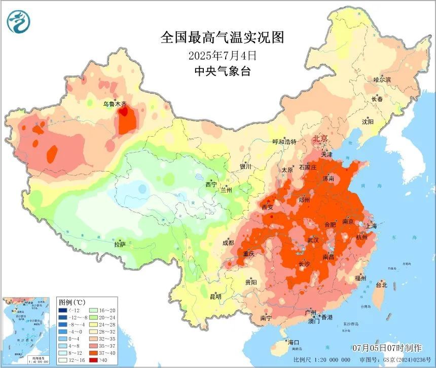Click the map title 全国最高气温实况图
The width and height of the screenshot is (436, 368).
coord(222,37)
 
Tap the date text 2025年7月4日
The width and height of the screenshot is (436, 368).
coord(222,54)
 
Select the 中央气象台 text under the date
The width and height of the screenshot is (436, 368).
coord(222,71)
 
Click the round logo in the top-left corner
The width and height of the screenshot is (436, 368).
coord(19,21)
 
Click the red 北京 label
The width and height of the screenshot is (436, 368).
coord(320,139)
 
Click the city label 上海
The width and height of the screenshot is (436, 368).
coord(376,226)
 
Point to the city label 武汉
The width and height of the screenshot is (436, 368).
coord(314,240)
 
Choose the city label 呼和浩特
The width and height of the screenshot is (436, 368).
coord(284,142)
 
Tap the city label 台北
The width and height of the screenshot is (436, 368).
coord(381,285)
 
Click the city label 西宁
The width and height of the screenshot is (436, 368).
coord(210,185)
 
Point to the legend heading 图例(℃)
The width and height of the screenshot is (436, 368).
coord(72,302)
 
